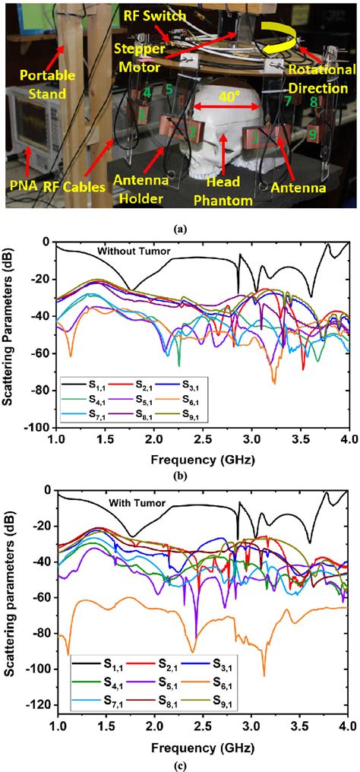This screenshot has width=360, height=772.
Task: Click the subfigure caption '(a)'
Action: click(x=180, y=224)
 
